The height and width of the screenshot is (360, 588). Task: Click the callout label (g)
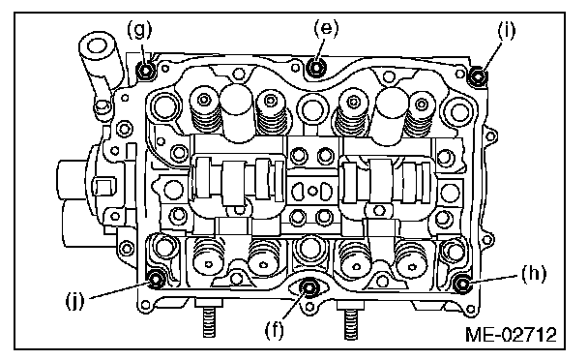(139, 30)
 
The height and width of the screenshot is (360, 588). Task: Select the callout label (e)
(326, 28)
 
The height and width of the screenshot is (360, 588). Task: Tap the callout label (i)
(507, 30)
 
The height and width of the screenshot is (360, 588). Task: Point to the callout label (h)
(534, 274)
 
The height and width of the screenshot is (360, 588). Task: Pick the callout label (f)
(275, 330)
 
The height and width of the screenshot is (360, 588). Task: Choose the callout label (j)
(75, 300)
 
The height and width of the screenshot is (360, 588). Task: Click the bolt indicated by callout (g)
(145, 71)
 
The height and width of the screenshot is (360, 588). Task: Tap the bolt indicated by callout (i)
(479, 75)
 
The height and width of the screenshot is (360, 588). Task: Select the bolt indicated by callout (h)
(462, 284)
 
